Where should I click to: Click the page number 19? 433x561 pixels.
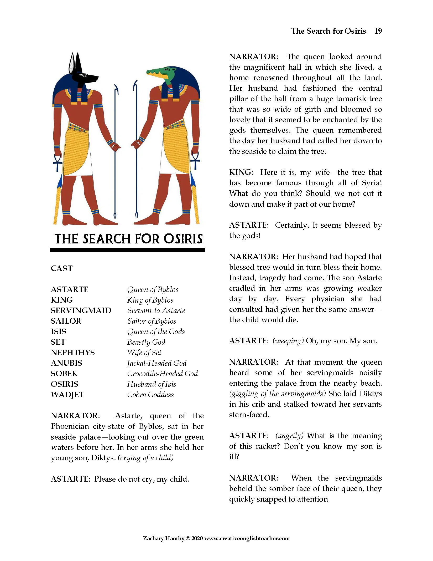coord(378,31)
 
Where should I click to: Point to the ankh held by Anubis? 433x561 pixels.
coord(58,162)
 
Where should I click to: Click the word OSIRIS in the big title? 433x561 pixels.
coord(183,239)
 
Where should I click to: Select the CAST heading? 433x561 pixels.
coord(62,268)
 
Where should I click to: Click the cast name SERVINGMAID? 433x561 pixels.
coord(81,310)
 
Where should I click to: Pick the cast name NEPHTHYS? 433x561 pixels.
coord(73,353)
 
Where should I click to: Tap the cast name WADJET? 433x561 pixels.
coord(67,395)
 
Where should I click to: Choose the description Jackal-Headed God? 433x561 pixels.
coord(157,363)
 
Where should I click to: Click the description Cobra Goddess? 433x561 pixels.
coord(150,395)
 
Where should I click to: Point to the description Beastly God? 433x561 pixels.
coord(146,342)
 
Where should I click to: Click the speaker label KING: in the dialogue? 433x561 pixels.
coord(241,172)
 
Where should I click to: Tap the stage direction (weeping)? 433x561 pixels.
coord(288,341)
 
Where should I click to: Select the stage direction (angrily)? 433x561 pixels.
coord(289,436)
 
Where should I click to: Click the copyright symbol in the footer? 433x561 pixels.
coord(188,538)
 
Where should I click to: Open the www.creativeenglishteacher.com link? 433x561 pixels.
coord(247,538)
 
